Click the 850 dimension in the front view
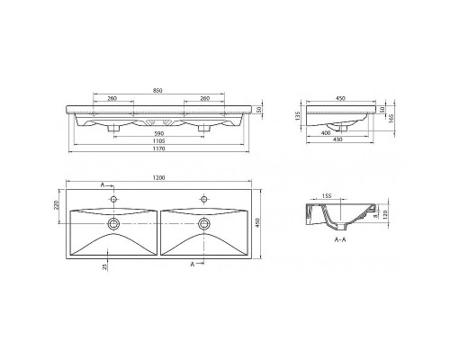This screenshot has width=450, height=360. (158, 89)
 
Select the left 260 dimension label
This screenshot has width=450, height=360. (111, 98)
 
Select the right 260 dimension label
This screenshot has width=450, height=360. (205, 98)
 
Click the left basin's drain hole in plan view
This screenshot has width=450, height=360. (112, 220)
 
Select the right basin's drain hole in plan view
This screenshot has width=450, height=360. (204, 220)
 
